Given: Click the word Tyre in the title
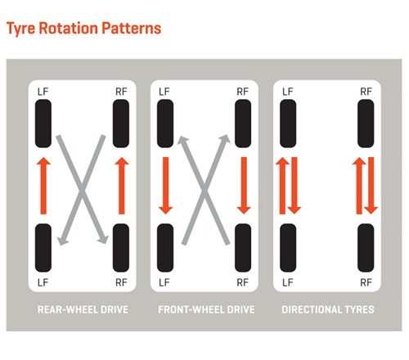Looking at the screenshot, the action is (20, 29).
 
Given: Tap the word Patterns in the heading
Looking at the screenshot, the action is (132, 28).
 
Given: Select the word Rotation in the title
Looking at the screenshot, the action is (69, 28).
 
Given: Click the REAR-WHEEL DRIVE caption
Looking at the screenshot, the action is (83, 309).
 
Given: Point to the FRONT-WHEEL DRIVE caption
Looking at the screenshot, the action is (206, 309).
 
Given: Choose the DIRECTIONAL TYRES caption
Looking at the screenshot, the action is (328, 309).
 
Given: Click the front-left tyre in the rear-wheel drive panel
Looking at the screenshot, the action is (43, 124).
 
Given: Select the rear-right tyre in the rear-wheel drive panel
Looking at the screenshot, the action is (121, 248).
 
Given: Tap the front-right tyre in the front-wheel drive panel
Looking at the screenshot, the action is (243, 124).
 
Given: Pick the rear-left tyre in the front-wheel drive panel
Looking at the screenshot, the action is (165, 248).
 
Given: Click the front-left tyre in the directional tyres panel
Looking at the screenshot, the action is (288, 124).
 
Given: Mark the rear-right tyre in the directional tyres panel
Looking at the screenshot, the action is (366, 248).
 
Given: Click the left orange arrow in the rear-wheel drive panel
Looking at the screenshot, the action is (43, 186).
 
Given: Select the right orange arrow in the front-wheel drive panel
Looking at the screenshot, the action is (244, 186).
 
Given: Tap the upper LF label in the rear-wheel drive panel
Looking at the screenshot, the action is (43, 92).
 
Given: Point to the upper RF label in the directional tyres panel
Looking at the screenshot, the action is (366, 92).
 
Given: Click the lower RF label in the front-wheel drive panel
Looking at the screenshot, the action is (243, 282).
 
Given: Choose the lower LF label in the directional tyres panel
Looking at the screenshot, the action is (288, 282).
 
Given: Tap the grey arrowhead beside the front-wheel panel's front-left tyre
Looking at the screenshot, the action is (182, 142).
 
